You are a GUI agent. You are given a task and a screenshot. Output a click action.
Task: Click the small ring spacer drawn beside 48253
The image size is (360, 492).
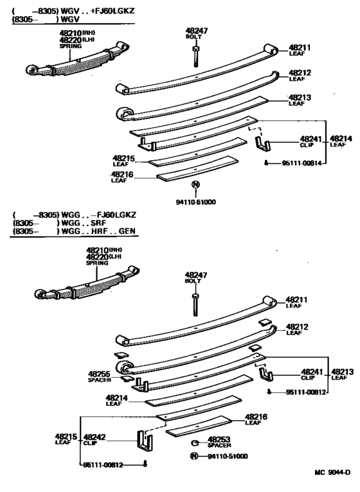click(192, 443)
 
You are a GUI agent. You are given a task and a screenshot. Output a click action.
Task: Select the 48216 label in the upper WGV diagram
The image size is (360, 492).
click(122, 174)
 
